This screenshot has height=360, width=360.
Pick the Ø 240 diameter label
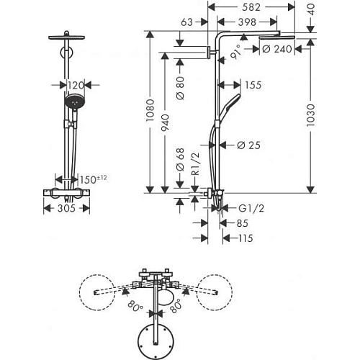[278, 50]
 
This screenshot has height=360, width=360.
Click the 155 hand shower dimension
[252, 84]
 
